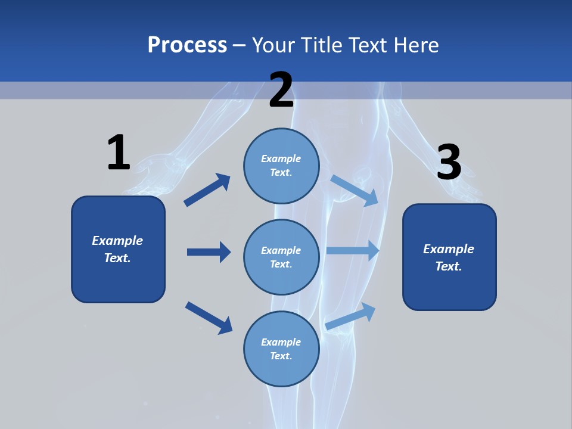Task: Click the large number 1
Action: click(x=119, y=153)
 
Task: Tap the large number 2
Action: click(x=281, y=90)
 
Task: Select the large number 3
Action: click(x=449, y=162)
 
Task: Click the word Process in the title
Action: click(x=187, y=45)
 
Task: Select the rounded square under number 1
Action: click(x=118, y=249)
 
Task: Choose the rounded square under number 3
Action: click(x=449, y=257)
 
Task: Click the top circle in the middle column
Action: click(x=281, y=166)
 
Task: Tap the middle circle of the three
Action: click(x=281, y=257)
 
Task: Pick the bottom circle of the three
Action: click(x=281, y=349)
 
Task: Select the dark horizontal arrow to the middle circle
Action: click(x=209, y=252)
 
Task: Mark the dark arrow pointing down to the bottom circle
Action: click(x=209, y=317)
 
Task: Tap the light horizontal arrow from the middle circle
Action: click(x=353, y=251)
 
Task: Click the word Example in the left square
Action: click(x=117, y=241)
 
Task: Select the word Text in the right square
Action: click(x=448, y=266)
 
